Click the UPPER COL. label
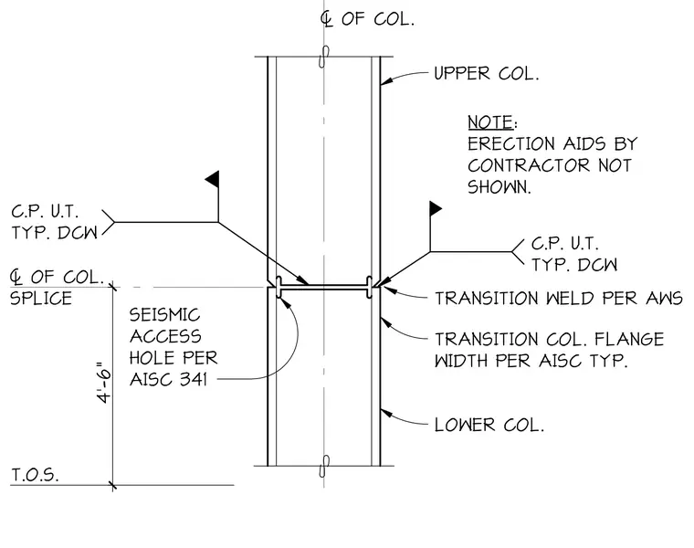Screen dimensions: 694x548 (486, 73)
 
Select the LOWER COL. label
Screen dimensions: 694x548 (489, 425)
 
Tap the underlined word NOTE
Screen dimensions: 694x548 (490, 122)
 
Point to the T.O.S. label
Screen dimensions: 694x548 (35, 475)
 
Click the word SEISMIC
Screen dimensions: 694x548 (164, 315)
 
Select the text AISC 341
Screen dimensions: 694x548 (168, 379)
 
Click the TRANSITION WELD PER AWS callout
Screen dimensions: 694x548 (559, 299)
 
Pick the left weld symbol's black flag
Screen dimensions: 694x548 (212, 178)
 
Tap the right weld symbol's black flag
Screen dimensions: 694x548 (436, 208)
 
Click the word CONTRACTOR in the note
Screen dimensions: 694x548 (529, 165)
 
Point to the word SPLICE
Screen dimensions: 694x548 (41, 299)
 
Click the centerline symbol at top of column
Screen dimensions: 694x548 (327, 19)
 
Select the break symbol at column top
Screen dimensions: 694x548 (324, 57)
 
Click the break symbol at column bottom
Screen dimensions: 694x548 (324, 466)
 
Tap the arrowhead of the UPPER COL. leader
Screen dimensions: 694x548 (386, 81)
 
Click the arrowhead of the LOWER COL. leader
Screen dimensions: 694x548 (386, 413)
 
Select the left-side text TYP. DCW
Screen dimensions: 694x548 (55, 233)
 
